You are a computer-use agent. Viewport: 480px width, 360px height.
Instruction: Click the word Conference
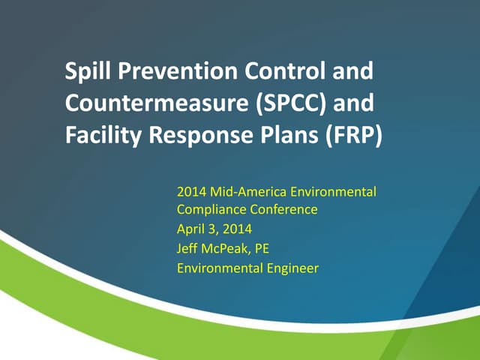[x=281, y=211]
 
